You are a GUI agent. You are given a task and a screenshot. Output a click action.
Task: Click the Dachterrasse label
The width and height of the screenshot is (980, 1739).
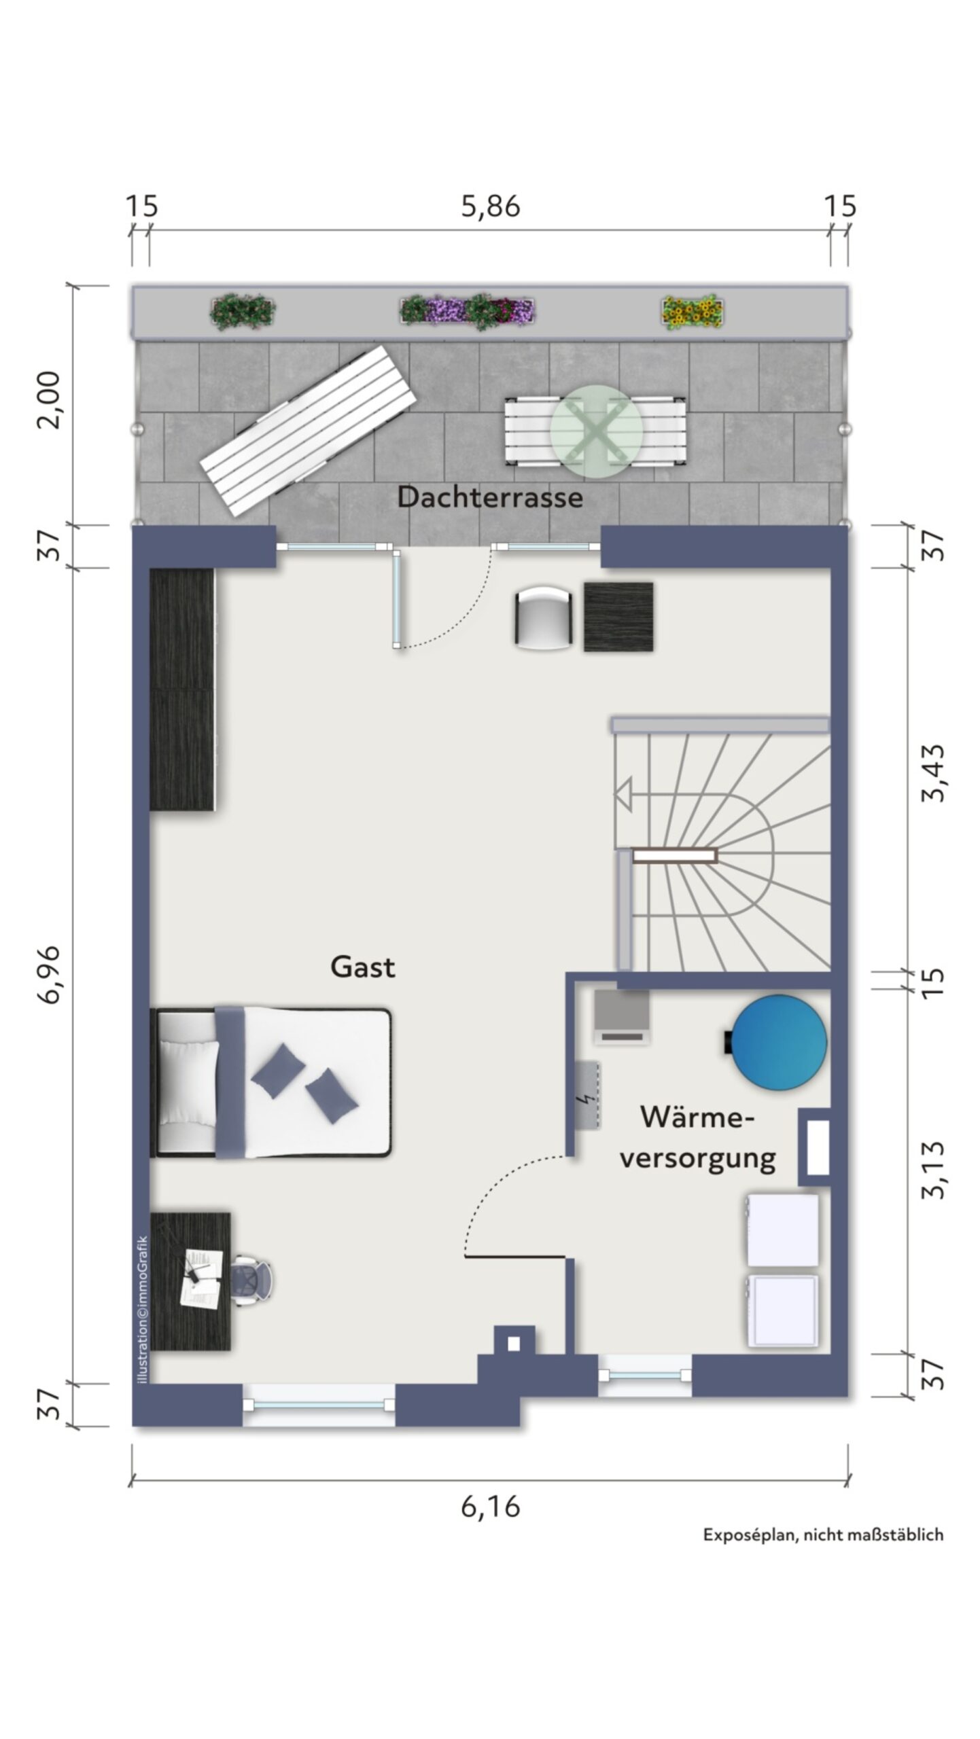pyautogui.click(x=490, y=497)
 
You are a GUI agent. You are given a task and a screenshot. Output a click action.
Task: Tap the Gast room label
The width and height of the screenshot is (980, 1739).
pyautogui.click(x=362, y=967)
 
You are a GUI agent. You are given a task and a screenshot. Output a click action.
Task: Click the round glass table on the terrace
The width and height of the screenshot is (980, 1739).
pyautogui.click(x=596, y=429)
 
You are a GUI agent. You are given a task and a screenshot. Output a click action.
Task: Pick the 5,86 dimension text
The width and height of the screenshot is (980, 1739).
pyautogui.click(x=491, y=207)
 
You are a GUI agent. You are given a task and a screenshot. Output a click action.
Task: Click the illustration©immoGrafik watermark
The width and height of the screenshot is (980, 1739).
pyautogui.click(x=142, y=1308)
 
